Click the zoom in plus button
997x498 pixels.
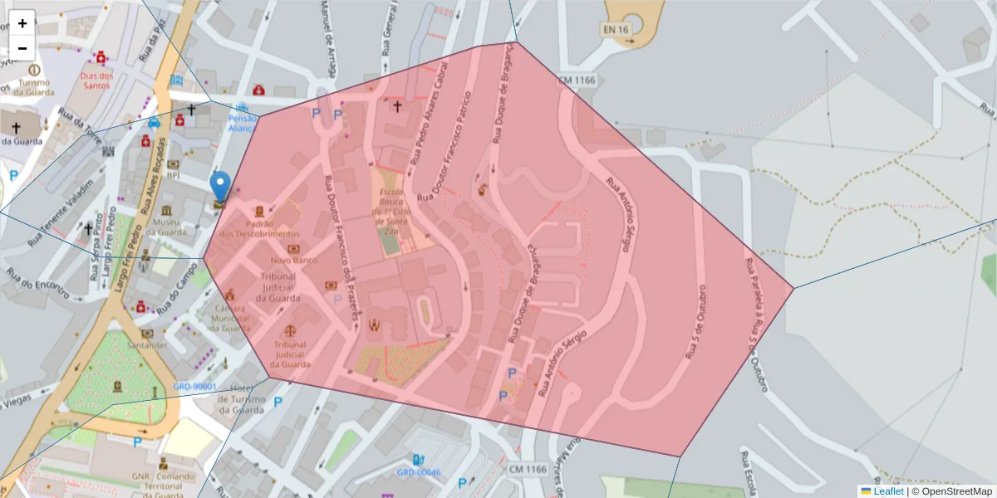tap(22, 23)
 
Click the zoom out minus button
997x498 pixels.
tap(22, 48)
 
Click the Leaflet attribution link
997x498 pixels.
tap(886, 491)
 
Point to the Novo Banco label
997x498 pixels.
tap(294, 261)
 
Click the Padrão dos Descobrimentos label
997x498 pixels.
tap(259, 229)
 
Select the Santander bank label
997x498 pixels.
tap(147, 344)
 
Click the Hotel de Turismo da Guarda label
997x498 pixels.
tap(241, 400)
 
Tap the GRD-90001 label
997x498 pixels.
tap(195, 387)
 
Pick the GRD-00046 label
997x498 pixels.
tap(419, 472)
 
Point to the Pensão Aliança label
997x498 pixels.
tap(243, 124)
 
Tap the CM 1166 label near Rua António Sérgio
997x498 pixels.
tap(577, 80)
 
